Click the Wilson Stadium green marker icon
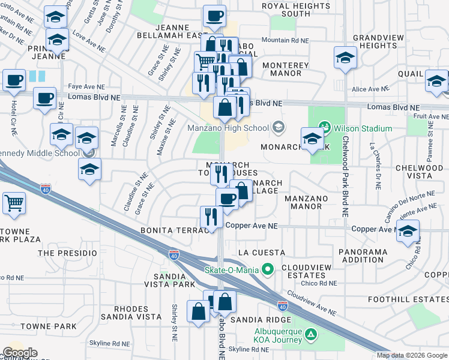tap(325, 128)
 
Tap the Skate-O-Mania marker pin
tap(268, 269)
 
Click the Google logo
tap(20, 353)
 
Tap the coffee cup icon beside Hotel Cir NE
tap(14, 80)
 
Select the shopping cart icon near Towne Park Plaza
tap(14, 202)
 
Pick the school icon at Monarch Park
tap(312, 139)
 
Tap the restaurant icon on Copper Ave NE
tap(210, 217)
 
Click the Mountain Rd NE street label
tap(285, 40)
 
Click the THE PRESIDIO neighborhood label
tap(67, 253)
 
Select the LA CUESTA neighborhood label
tap(261, 253)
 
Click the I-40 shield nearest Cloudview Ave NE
tap(281, 305)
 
